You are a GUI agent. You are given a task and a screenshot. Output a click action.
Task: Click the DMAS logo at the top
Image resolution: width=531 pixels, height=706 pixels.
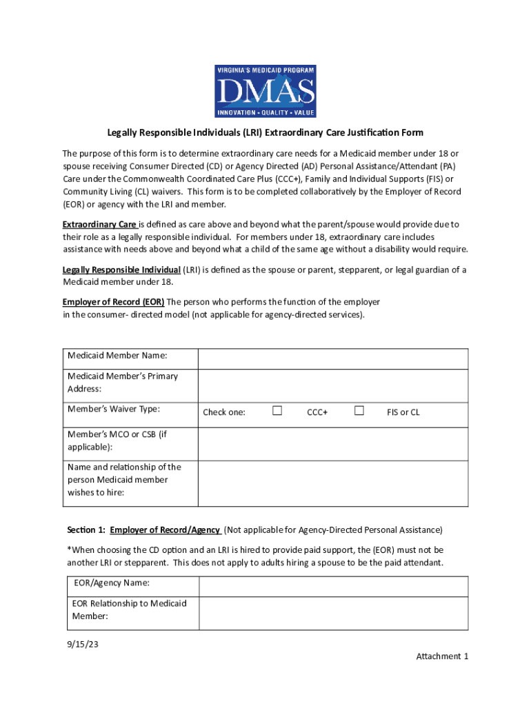(x=265, y=90)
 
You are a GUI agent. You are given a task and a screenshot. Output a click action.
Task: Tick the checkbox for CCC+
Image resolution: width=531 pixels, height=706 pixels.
(x=277, y=411)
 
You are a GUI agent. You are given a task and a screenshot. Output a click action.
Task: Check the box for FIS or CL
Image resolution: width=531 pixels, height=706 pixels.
(x=359, y=411)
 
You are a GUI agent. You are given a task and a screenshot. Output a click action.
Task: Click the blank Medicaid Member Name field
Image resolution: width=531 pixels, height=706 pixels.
(x=333, y=359)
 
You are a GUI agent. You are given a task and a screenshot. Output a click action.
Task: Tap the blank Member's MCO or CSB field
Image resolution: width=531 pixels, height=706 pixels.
(x=333, y=441)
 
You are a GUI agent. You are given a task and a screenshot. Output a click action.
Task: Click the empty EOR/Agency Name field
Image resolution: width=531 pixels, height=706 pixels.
(x=333, y=586)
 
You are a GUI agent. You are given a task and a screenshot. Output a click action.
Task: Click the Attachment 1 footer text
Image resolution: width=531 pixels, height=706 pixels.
(x=442, y=656)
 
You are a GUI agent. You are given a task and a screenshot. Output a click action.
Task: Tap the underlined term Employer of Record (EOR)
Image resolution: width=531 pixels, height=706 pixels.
(x=113, y=302)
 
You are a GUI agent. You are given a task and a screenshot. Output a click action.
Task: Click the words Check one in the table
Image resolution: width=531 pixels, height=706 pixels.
(x=224, y=412)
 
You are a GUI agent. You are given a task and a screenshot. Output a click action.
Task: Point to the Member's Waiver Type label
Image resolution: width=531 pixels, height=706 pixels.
(x=114, y=409)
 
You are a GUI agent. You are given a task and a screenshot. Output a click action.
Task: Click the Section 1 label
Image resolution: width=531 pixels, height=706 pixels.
(x=86, y=530)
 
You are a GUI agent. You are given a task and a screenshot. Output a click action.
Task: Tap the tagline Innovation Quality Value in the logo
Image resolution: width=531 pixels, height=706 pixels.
(x=265, y=112)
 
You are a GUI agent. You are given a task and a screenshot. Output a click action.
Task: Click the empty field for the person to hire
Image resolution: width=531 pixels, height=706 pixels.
(x=333, y=480)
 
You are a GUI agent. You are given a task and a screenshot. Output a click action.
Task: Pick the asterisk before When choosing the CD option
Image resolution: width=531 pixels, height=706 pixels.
(x=69, y=549)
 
